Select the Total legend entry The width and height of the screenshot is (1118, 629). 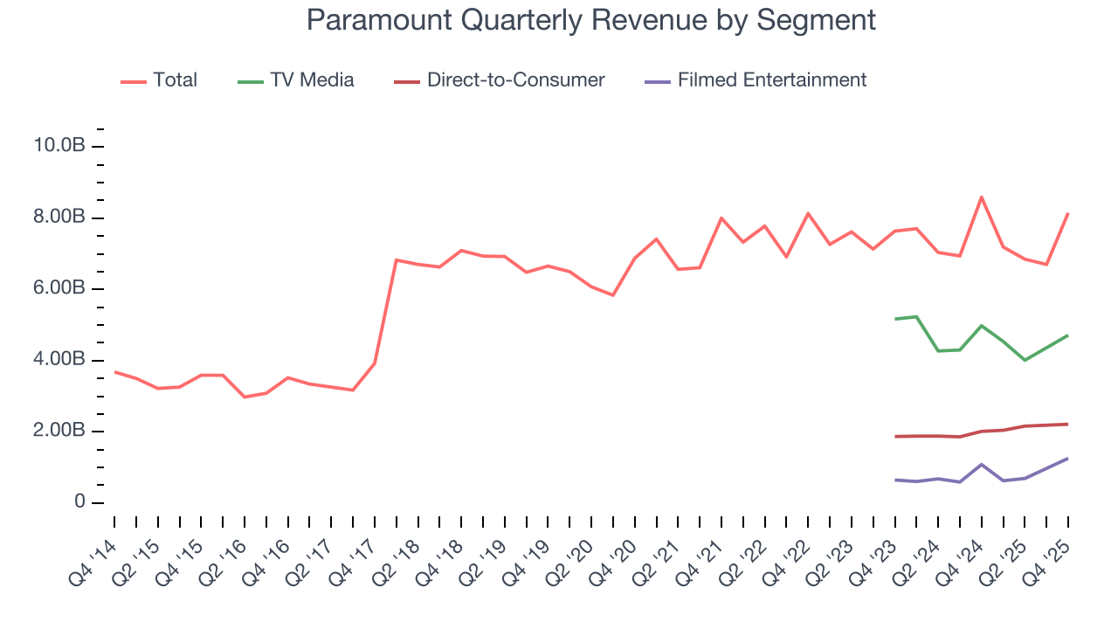pos(175,80)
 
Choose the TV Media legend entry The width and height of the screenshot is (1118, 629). pos(312,80)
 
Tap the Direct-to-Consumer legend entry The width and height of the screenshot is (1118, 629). pos(515,80)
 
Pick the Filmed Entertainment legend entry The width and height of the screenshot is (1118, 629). pos(771,80)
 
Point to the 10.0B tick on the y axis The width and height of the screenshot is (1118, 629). pos(59,146)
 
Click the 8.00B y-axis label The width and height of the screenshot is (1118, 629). pos(59,217)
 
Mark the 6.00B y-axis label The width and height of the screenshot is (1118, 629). pos(59,288)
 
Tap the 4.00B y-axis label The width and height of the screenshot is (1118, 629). pos(59,360)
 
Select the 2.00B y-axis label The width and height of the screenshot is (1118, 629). pos(59,431)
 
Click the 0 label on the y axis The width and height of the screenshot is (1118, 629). pos(79,502)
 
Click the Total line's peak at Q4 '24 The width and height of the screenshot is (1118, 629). pos(982,197)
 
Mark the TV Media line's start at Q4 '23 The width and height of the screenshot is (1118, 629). pos(895,319)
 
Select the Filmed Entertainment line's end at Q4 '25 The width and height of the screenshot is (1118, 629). pos(1067,458)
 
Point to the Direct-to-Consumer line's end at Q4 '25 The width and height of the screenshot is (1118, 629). pos(1067,424)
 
